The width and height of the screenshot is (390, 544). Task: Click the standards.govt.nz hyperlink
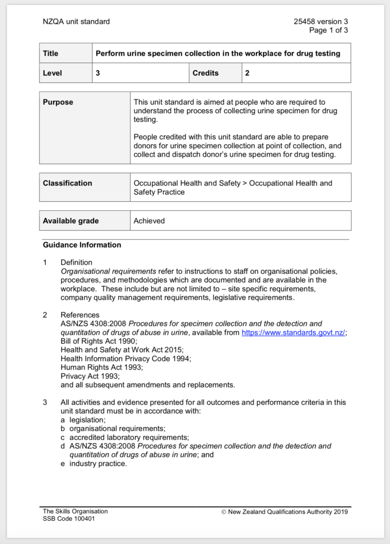293,333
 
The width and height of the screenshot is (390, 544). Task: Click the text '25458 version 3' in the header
321,22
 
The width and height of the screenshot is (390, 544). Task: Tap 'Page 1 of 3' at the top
328,30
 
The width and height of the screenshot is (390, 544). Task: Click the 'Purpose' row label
58,102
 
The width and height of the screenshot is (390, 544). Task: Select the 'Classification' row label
67,183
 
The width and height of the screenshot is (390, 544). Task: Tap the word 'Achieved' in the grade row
149,221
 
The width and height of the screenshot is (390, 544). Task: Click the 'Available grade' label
71,221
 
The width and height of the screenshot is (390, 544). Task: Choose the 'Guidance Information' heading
82,245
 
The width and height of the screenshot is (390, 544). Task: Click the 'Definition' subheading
77,262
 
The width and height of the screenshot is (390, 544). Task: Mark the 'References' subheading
80,315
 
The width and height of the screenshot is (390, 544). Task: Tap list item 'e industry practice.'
94,463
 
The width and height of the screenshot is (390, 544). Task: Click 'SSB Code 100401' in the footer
69,519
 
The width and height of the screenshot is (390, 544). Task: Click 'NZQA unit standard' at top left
77,22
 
